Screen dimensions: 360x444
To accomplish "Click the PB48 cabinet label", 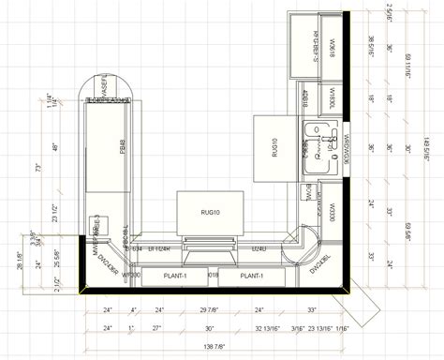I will (123, 146).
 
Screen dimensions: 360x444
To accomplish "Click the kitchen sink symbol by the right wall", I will (323, 144).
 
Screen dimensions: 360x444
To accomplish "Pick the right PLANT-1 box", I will (250, 277).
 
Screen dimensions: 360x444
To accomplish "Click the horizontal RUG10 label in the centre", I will (210, 214).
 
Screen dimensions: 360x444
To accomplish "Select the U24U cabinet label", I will (258, 248).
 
